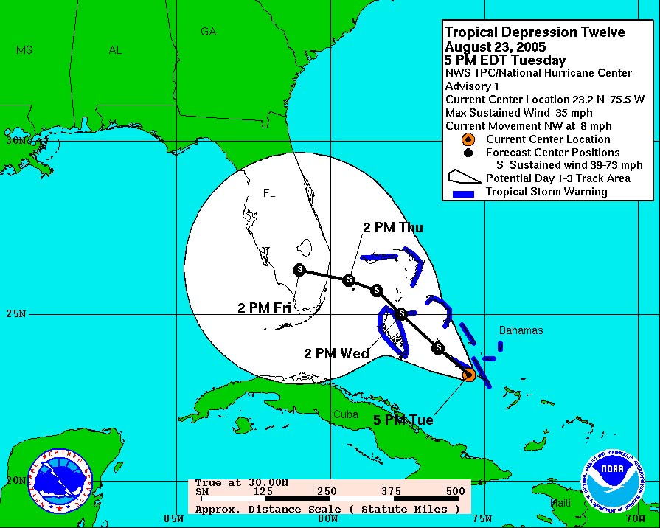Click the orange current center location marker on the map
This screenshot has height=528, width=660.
click(x=468, y=375)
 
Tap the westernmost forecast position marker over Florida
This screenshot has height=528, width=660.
click(x=299, y=270)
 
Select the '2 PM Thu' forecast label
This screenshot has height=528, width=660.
click(x=393, y=227)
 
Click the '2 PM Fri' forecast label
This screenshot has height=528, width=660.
click(x=264, y=308)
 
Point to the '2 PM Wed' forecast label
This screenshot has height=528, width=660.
click(x=337, y=354)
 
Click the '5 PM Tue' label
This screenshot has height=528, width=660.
click(x=403, y=420)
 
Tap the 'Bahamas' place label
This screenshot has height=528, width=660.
click(x=521, y=330)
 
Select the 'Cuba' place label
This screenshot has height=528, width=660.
click(x=345, y=414)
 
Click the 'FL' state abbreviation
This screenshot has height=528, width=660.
click(x=269, y=193)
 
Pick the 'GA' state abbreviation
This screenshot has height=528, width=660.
click(x=209, y=32)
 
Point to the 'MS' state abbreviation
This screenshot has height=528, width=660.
click(x=24, y=50)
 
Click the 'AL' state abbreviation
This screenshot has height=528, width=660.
click(x=115, y=50)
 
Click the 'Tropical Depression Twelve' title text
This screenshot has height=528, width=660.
click(x=535, y=32)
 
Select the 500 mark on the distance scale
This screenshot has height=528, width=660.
click(x=455, y=491)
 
